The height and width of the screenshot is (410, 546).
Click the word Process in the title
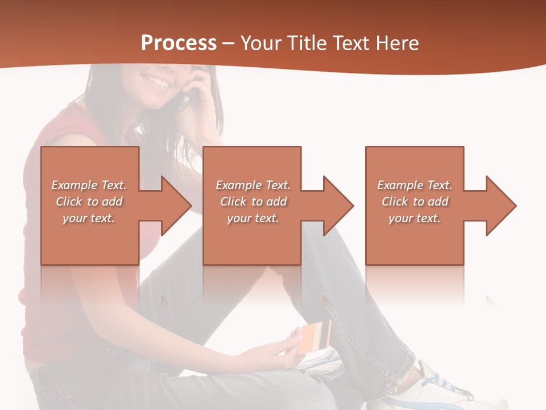tap(179, 43)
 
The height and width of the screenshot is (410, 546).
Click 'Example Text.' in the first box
tap(89, 185)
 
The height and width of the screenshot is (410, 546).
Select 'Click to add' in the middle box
tap(253, 202)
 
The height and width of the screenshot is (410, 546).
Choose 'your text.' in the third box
tap(414, 218)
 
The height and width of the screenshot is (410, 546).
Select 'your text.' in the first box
tap(89, 218)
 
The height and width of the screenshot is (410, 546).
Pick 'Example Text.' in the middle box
tap(253, 185)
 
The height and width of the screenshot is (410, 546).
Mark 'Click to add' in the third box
tap(415, 202)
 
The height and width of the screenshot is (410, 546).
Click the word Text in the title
tap(352, 43)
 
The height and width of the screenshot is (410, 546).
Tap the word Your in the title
tap(260, 43)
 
